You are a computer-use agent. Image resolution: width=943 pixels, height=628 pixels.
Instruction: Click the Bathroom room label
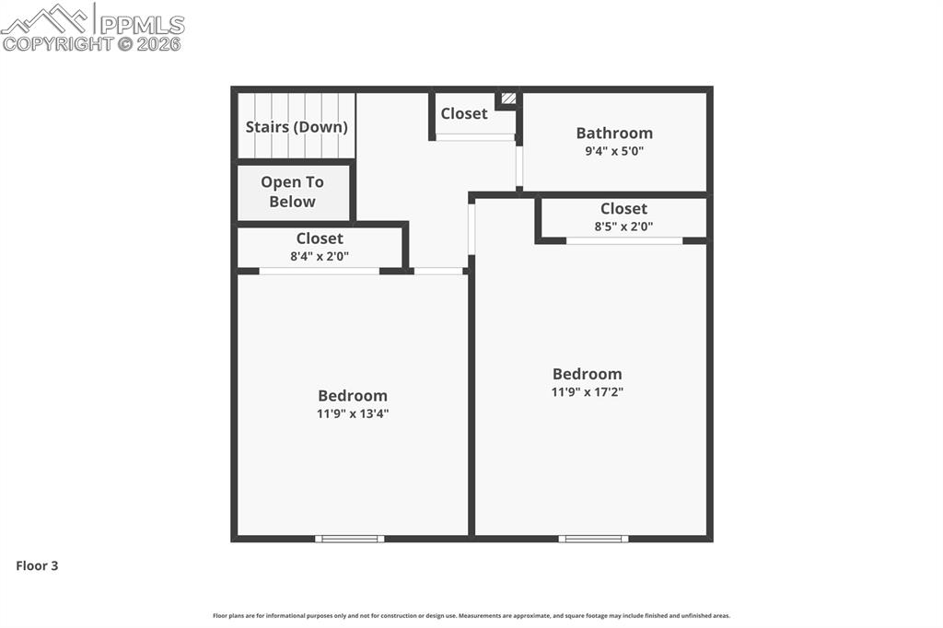(x=614, y=133)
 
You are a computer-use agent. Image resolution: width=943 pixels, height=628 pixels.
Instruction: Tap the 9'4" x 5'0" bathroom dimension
(x=614, y=151)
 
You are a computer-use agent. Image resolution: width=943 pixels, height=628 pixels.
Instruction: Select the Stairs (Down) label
(x=297, y=127)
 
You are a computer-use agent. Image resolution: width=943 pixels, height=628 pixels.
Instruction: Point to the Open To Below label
(x=293, y=192)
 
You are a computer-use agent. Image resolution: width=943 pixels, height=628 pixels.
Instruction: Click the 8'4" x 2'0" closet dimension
(x=320, y=257)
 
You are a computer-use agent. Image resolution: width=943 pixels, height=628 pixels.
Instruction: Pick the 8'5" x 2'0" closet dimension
(x=623, y=226)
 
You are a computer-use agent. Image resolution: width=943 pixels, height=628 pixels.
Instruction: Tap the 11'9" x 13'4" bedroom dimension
(x=353, y=413)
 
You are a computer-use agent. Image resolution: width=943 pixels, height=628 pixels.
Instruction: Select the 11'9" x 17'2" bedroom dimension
(x=588, y=391)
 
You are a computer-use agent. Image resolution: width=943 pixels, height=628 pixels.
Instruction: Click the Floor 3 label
(x=37, y=565)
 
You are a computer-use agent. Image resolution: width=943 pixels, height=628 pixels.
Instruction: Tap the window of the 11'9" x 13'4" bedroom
(x=350, y=539)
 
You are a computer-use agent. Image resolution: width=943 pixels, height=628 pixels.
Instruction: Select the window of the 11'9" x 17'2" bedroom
(x=593, y=539)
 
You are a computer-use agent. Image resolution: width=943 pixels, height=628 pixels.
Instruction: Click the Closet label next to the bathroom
(x=463, y=113)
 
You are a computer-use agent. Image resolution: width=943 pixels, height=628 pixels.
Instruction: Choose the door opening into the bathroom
(x=519, y=166)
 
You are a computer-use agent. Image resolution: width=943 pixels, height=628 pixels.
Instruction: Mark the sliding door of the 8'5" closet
(x=624, y=241)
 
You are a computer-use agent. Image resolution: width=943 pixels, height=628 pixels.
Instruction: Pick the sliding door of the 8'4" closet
(x=319, y=271)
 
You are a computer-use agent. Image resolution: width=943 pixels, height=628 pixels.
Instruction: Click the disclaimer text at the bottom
(x=471, y=616)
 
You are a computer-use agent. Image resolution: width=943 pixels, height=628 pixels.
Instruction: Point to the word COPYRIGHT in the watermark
(x=58, y=43)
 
